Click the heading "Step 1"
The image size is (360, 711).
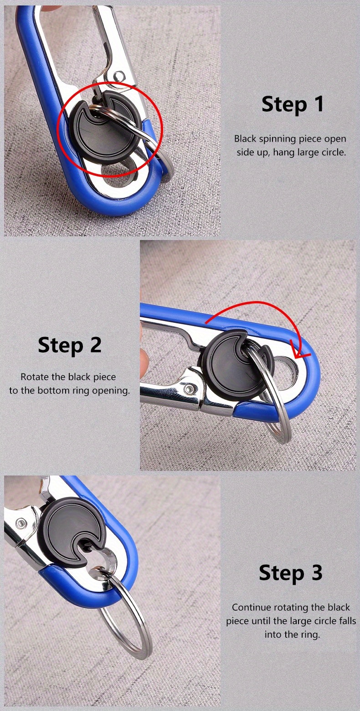pyautogui.click(x=293, y=104)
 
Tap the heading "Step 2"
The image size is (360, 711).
pyautogui.click(x=70, y=345)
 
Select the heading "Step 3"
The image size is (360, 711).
pyautogui.click(x=291, y=573)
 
